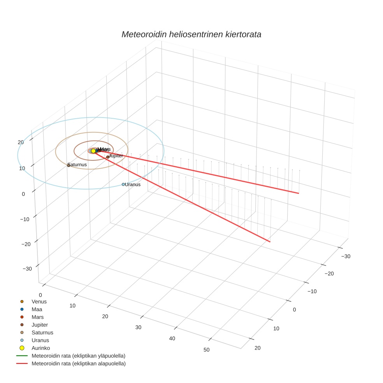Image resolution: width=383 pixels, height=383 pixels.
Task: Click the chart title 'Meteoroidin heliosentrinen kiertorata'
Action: coord(191,34)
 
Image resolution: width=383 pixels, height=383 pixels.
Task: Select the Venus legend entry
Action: coord(39,301)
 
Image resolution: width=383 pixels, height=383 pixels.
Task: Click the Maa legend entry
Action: coord(37,309)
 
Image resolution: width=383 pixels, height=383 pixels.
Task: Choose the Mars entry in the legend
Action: coord(38,317)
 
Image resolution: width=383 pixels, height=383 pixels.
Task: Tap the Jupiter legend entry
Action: coord(40,325)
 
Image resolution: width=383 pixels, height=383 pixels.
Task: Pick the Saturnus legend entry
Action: coord(42,332)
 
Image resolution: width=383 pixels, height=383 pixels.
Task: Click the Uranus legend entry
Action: coord(40,340)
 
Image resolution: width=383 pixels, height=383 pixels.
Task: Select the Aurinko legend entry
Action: coord(40,348)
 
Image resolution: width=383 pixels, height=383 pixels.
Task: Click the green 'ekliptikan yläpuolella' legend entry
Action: coord(78,356)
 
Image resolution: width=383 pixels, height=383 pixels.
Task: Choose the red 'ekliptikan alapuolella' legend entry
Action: coord(78,364)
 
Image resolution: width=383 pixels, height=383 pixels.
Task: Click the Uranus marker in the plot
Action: coord(123,184)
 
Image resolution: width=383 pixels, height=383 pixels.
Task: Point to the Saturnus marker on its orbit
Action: coord(69,165)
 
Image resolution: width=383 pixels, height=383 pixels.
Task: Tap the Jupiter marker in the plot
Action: coord(108,157)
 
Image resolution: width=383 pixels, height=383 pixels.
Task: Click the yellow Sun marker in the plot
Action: coord(93,151)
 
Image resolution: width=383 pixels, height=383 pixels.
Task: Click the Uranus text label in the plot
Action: coord(133,184)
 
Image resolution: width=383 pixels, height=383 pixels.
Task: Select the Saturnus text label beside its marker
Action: coord(77,165)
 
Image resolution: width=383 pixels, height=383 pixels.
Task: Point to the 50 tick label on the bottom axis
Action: coord(206,350)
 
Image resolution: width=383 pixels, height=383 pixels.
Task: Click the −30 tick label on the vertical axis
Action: coord(27,269)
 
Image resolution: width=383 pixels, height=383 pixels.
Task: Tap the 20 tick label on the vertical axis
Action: coord(21,142)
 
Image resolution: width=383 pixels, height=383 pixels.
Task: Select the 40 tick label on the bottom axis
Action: coord(172,338)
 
